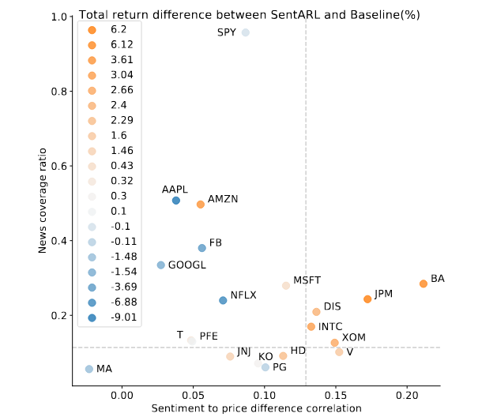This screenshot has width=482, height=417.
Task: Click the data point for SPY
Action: (246, 32)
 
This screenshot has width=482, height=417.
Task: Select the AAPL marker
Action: (176, 201)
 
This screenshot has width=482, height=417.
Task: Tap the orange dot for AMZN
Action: (201, 204)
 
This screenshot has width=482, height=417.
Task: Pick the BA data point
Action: (424, 284)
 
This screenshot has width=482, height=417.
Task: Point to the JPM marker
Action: (367, 299)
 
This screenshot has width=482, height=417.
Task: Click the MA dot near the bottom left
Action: (89, 369)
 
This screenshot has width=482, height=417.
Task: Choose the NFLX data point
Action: (223, 300)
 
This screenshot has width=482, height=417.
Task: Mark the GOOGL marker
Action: (161, 265)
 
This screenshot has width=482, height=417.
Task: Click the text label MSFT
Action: (307, 280)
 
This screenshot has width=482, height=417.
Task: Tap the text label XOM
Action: (353, 337)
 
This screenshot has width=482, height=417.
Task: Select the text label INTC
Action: (330, 326)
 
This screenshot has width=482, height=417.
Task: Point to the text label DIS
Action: (332, 306)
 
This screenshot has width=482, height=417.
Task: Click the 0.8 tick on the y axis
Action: (58, 92)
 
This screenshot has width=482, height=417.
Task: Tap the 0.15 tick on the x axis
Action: (336, 396)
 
